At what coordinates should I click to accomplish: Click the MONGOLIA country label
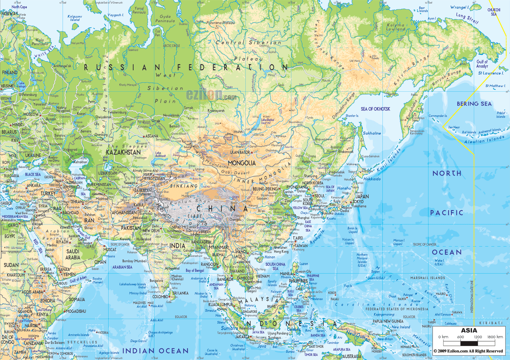pyautogui.click(x=242, y=163)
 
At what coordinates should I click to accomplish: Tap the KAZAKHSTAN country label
pyautogui.click(x=123, y=152)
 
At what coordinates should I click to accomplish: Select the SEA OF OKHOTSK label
pyautogui.click(x=375, y=109)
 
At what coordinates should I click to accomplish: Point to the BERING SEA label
pyautogui.click(x=474, y=104)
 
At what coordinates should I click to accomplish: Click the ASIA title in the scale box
pyautogui.click(x=469, y=330)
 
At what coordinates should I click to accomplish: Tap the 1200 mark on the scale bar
pyautogui.click(x=478, y=337)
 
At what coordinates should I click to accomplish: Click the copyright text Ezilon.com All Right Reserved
pyautogui.click(x=468, y=351)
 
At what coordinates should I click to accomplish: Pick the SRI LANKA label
pyautogui.click(x=180, y=293)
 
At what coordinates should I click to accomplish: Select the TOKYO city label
pyautogui.click(x=358, y=201)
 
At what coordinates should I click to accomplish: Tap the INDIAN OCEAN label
pyautogui.click(x=155, y=351)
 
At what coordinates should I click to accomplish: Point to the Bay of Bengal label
pyautogui.click(x=195, y=270)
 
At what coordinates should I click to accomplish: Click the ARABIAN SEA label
pyautogui.click(x=122, y=267)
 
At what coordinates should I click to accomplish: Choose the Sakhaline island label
pyautogui.click(x=372, y=133)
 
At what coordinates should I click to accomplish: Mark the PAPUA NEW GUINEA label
pyautogui.click(x=388, y=321)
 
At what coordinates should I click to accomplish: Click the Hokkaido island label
pyautogui.click(x=372, y=179)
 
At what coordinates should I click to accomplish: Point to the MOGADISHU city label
pyautogui.click(x=76, y=311)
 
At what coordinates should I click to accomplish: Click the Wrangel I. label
pyautogui.click(x=459, y=7)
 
